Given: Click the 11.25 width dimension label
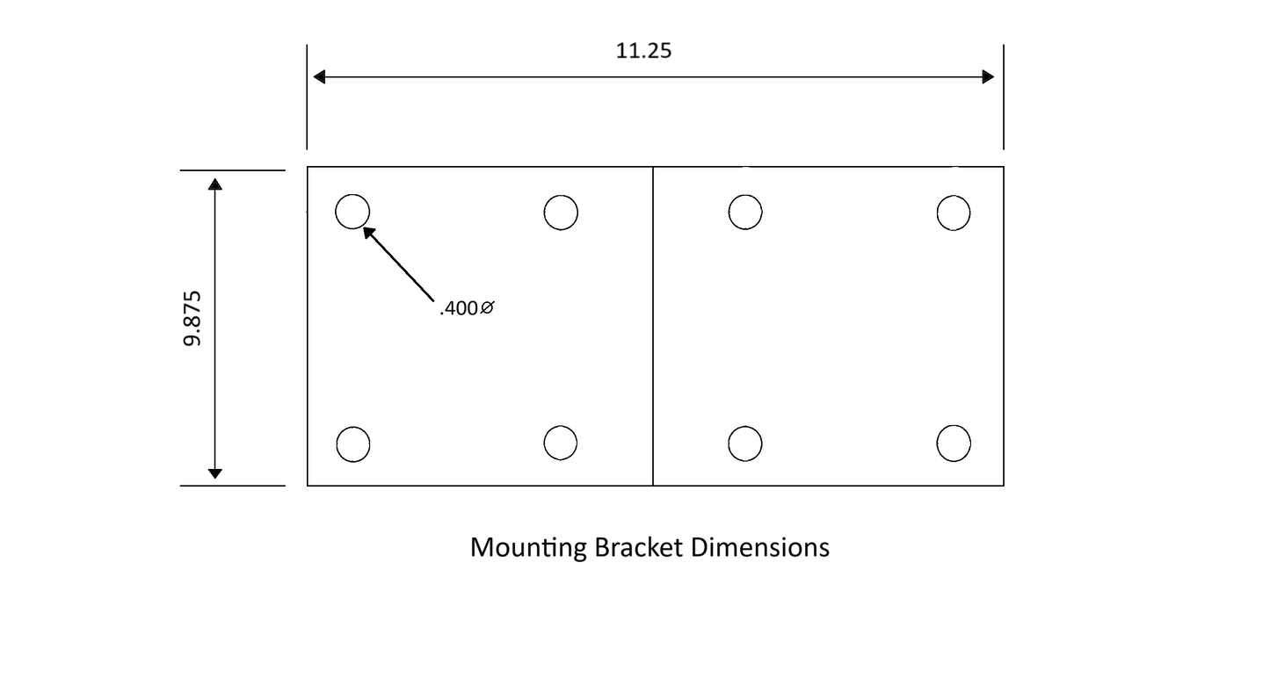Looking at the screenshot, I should (x=643, y=51).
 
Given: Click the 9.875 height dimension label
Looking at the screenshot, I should (x=192, y=318).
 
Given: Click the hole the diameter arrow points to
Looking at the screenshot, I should (x=352, y=212).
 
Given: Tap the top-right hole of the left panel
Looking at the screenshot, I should (x=561, y=212).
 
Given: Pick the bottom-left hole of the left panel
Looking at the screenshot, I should (x=352, y=444).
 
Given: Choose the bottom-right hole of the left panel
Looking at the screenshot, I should (x=561, y=443).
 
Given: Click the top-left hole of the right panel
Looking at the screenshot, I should (x=745, y=212).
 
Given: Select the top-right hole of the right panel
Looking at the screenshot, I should (x=954, y=213).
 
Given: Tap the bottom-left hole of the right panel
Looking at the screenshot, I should (x=745, y=444).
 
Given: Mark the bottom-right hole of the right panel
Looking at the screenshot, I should (x=954, y=444).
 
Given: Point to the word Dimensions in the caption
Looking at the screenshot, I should (x=760, y=547).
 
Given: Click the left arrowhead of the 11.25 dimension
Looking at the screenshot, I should (x=320, y=77).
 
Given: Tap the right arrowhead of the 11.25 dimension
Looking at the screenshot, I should (x=988, y=77).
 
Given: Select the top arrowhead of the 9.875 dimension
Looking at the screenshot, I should (x=215, y=184).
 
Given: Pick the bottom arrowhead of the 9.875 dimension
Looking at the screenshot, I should (x=215, y=473).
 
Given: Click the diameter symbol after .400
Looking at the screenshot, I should (x=488, y=308).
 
